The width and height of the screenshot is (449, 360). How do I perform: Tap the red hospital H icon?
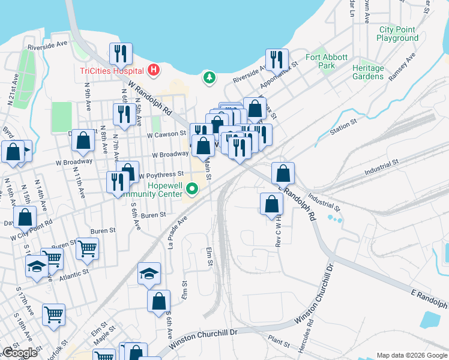coord(154,70)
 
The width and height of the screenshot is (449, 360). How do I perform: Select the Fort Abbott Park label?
coord(327,61)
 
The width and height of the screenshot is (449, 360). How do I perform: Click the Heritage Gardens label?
coord(368,72)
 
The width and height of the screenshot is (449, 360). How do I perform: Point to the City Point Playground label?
coord(397,34)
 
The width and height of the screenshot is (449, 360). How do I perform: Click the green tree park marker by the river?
coord(209,77)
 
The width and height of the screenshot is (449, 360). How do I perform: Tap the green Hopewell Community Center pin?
coord(192,190)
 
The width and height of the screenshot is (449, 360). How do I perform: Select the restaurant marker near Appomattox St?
coord(277,59)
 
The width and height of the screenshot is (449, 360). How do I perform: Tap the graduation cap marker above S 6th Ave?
coord(149,273)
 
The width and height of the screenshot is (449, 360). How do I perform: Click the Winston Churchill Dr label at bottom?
coord(204,338)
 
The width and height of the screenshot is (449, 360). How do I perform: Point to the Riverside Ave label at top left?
coord(48,44)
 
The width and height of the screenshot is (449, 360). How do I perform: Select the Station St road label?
coord(343,127)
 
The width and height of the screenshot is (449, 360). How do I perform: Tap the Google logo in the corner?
coord(20,353)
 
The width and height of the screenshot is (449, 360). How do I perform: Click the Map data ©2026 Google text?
coord(411,355)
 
